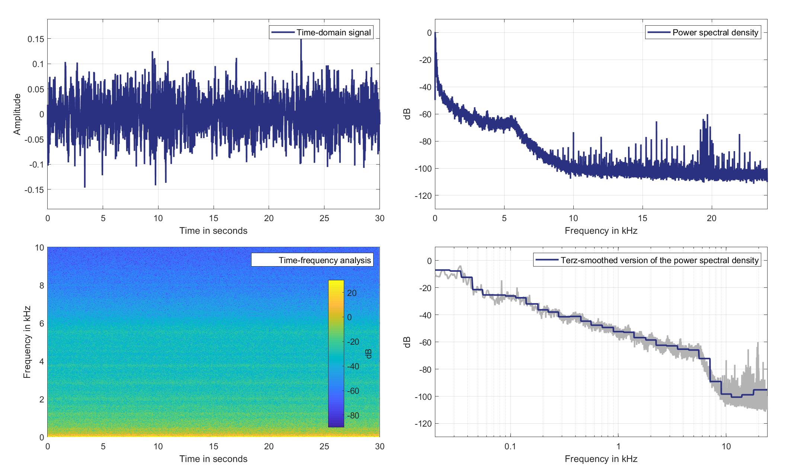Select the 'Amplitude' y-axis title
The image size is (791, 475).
17,114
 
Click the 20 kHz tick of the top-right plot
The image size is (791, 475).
711,218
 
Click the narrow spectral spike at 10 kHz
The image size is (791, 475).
573,133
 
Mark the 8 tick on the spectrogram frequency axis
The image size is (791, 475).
40,286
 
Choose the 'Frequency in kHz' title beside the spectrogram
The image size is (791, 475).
27,342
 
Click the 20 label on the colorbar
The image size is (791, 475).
352,293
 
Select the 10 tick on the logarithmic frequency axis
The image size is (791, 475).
726,446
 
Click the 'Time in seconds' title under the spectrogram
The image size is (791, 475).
213,459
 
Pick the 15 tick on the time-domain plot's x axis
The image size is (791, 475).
214,218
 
